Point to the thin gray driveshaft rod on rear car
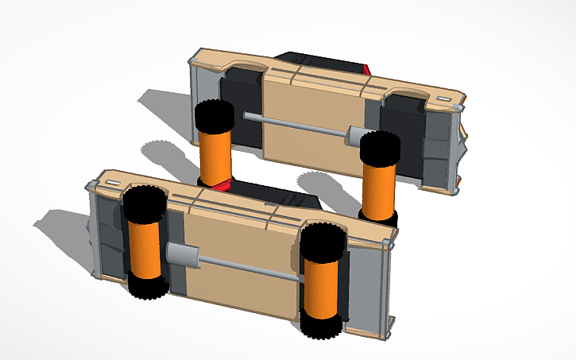294,125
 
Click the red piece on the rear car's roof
366,68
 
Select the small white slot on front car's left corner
112,183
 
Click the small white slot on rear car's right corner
443,96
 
